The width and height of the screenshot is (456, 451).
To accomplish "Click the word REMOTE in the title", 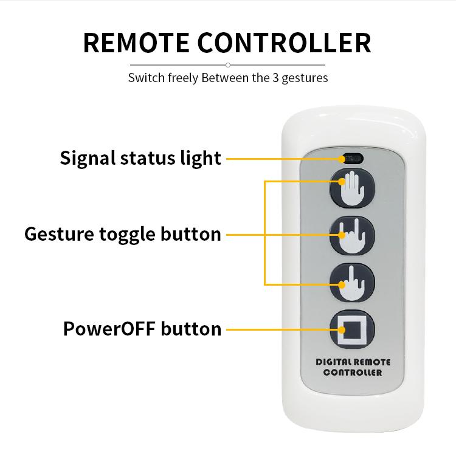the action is point(136,43).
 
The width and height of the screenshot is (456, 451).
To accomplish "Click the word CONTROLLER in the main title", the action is point(284,43).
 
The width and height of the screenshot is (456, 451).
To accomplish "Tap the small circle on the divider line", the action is point(228,65).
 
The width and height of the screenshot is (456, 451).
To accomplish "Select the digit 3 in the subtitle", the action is point(275,78).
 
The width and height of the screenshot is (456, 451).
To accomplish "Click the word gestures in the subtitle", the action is point(305,78).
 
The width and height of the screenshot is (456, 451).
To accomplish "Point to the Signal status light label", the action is point(140,158).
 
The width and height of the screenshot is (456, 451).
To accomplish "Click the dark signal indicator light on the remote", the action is point(353,159).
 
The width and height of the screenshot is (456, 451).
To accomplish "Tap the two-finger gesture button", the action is point(352,235).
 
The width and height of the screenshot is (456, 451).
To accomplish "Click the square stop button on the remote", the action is point(352,329).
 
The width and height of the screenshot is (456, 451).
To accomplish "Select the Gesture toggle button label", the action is point(123,235).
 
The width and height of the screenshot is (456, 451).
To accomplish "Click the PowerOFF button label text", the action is point(142,329).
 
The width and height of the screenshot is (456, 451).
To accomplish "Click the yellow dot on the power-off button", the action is point(342,330).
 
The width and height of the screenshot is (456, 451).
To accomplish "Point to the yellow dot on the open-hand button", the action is point(342,182).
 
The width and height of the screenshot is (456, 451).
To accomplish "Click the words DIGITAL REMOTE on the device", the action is point(353,362).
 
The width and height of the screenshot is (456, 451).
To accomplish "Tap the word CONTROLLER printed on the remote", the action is point(353,373).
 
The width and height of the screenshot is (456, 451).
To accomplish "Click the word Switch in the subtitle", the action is point(147,78).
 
